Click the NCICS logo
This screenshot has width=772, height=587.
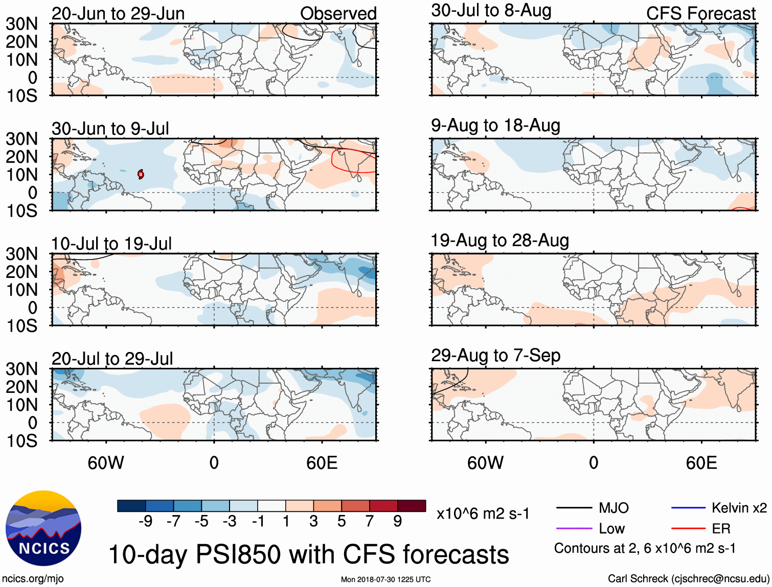click(43, 528)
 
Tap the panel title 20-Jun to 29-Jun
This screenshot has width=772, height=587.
click(118, 13)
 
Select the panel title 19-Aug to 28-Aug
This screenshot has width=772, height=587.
click(499, 240)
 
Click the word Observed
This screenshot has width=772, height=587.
click(338, 13)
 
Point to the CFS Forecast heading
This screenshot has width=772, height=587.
click(700, 13)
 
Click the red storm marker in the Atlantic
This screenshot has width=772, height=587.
click(141, 174)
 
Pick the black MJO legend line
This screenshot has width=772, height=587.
click(574, 508)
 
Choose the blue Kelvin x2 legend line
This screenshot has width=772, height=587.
click(688, 508)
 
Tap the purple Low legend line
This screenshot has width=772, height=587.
click(574, 528)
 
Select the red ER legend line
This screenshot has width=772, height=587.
click(688, 528)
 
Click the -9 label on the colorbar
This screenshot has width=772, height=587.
click(146, 521)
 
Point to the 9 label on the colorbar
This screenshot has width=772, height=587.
click(397, 521)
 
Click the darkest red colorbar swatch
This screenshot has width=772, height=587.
click(412, 506)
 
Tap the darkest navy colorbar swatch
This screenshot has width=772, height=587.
click(131, 506)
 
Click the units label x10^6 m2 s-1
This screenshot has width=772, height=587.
click(483, 513)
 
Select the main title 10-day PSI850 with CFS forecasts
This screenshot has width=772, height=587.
click(309, 554)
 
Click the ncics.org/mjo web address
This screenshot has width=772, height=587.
click(33, 578)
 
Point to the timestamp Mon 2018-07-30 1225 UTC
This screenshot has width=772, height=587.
click(385, 579)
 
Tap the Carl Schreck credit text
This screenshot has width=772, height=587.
click(688, 578)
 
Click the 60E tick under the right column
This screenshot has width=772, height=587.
click(701, 463)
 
